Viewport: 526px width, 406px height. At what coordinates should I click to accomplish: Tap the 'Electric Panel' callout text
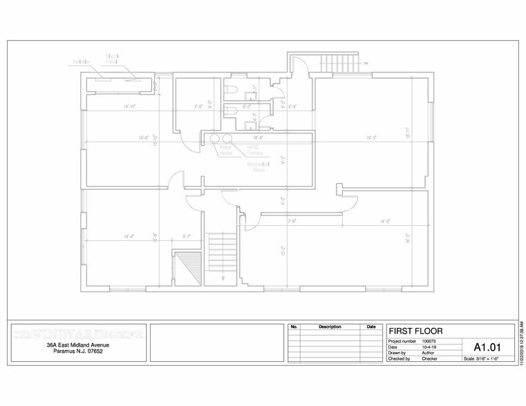[x=113, y=58]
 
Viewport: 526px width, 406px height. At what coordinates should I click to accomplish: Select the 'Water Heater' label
[x=225, y=150]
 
